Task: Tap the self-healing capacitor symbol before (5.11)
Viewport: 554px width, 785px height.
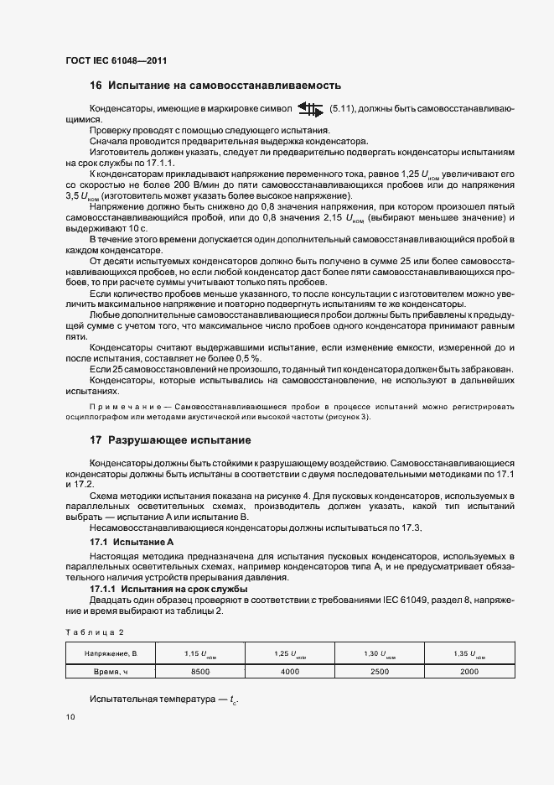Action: click(310, 109)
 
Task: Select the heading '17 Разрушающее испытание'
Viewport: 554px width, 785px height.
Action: click(170, 440)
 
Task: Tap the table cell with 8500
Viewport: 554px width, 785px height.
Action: click(200, 672)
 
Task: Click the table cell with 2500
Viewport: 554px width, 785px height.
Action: click(380, 672)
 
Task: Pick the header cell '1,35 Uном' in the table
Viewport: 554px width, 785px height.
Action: click(469, 652)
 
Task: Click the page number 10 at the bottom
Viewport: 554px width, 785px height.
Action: click(70, 717)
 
